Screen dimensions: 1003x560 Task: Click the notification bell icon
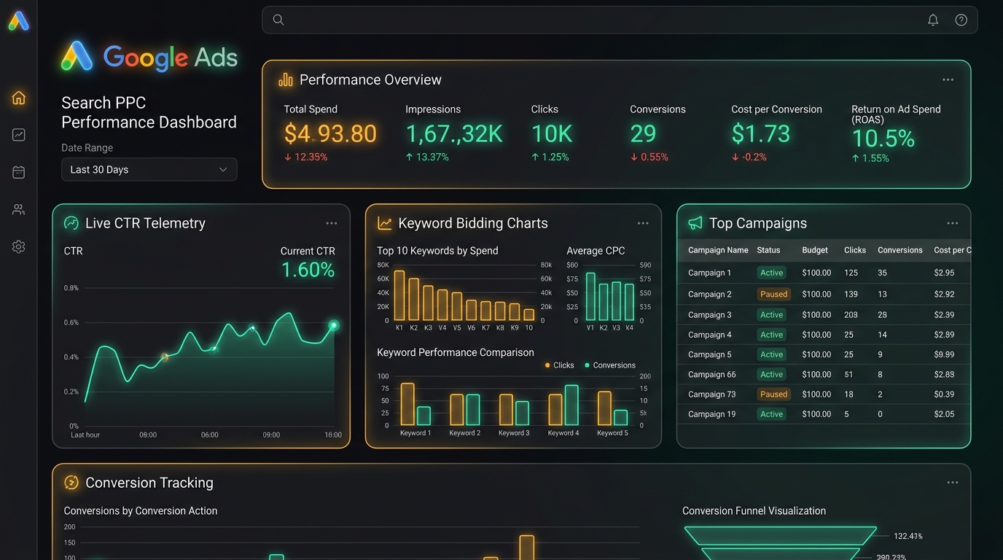[x=933, y=20]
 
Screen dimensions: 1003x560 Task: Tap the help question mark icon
[x=961, y=20]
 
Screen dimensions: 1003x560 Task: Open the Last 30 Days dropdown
[x=149, y=169]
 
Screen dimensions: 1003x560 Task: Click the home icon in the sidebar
[x=18, y=98]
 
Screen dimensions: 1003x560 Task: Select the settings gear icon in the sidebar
[x=18, y=246]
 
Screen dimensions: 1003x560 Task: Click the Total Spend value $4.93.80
[x=330, y=133]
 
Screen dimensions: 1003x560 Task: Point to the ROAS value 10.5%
[x=883, y=138]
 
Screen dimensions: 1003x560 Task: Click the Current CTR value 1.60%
[x=308, y=270]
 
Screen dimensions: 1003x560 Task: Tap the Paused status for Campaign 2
[x=773, y=294]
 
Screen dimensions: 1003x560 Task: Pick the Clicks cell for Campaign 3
[x=851, y=315]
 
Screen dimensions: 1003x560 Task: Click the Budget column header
[x=814, y=250]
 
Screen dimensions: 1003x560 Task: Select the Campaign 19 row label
[x=711, y=414]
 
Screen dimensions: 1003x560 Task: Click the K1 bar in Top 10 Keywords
[x=399, y=295]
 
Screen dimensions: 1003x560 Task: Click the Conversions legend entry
[x=610, y=365]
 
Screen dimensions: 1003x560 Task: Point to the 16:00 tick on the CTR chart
[x=332, y=435]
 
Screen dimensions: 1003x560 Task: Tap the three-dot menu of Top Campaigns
[x=953, y=223]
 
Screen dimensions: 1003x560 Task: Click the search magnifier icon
[x=278, y=20]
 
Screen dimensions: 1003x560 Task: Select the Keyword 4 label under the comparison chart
[x=563, y=433]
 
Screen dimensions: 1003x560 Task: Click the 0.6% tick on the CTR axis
[x=71, y=322]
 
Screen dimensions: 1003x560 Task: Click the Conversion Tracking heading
[x=149, y=483]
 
